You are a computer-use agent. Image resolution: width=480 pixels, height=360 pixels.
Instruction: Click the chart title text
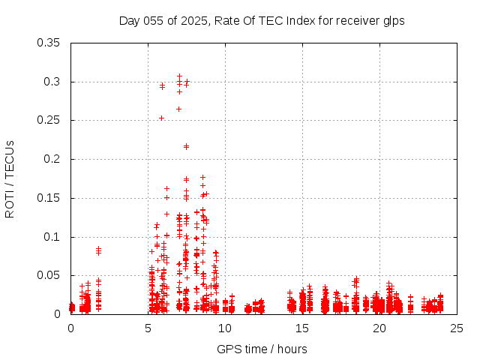[x=262, y=21]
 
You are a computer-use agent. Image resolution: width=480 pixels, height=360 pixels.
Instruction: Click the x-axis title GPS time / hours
[x=262, y=349]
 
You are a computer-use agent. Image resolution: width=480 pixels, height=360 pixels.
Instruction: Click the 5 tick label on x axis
[x=148, y=328]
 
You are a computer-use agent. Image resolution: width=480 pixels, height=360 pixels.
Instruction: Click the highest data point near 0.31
[x=179, y=76]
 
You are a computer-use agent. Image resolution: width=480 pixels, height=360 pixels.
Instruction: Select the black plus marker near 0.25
[x=161, y=118]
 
